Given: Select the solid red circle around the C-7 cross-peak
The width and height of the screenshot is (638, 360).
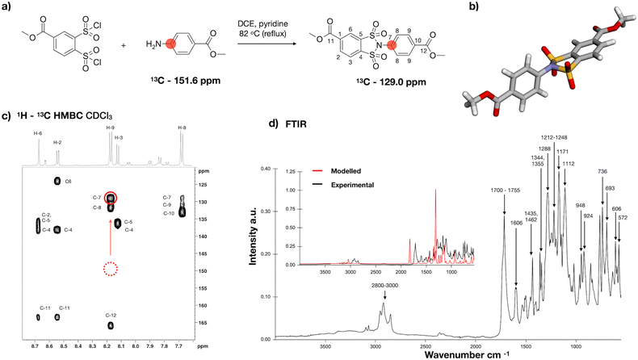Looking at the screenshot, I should (111, 198).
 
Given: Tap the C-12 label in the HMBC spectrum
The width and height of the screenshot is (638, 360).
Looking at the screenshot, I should (111, 315).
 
